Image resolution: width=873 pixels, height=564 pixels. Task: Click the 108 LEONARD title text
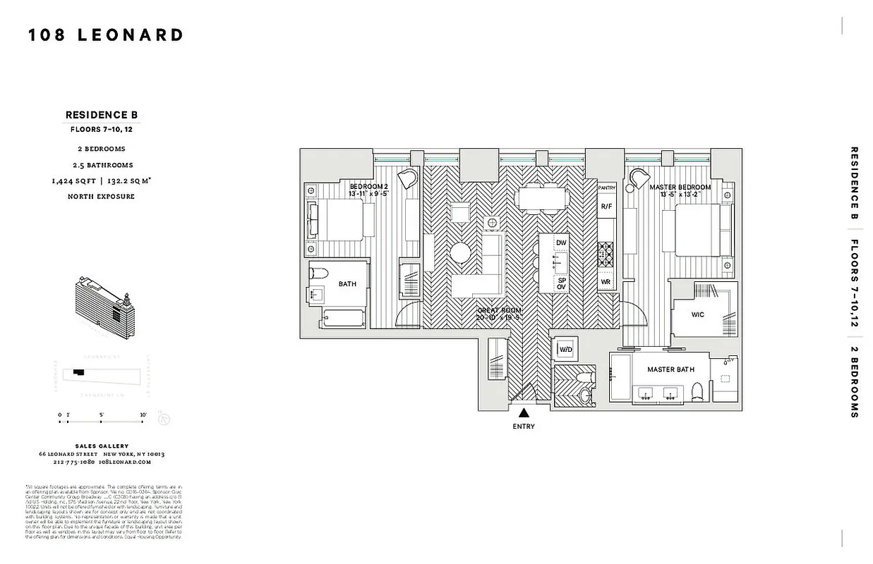[106, 35]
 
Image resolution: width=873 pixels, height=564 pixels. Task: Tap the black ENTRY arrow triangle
[524, 414]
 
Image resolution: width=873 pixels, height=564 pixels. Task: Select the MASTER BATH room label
[670, 369]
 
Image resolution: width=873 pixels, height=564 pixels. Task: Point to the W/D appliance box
[566, 350]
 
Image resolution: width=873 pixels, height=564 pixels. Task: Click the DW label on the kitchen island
[561, 243]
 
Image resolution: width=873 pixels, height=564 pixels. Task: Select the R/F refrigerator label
[606, 207]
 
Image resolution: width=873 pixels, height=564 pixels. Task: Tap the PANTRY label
[607, 188]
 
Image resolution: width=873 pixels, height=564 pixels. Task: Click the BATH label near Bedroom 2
[347, 284]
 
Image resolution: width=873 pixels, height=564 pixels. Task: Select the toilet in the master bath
[697, 390]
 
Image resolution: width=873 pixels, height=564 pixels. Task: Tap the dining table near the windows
[540, 199]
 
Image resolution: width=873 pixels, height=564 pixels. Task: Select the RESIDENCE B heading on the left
[102, 115]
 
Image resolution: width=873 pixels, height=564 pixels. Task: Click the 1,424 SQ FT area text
[75, 181]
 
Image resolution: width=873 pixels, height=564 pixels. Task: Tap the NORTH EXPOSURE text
[101, 197]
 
